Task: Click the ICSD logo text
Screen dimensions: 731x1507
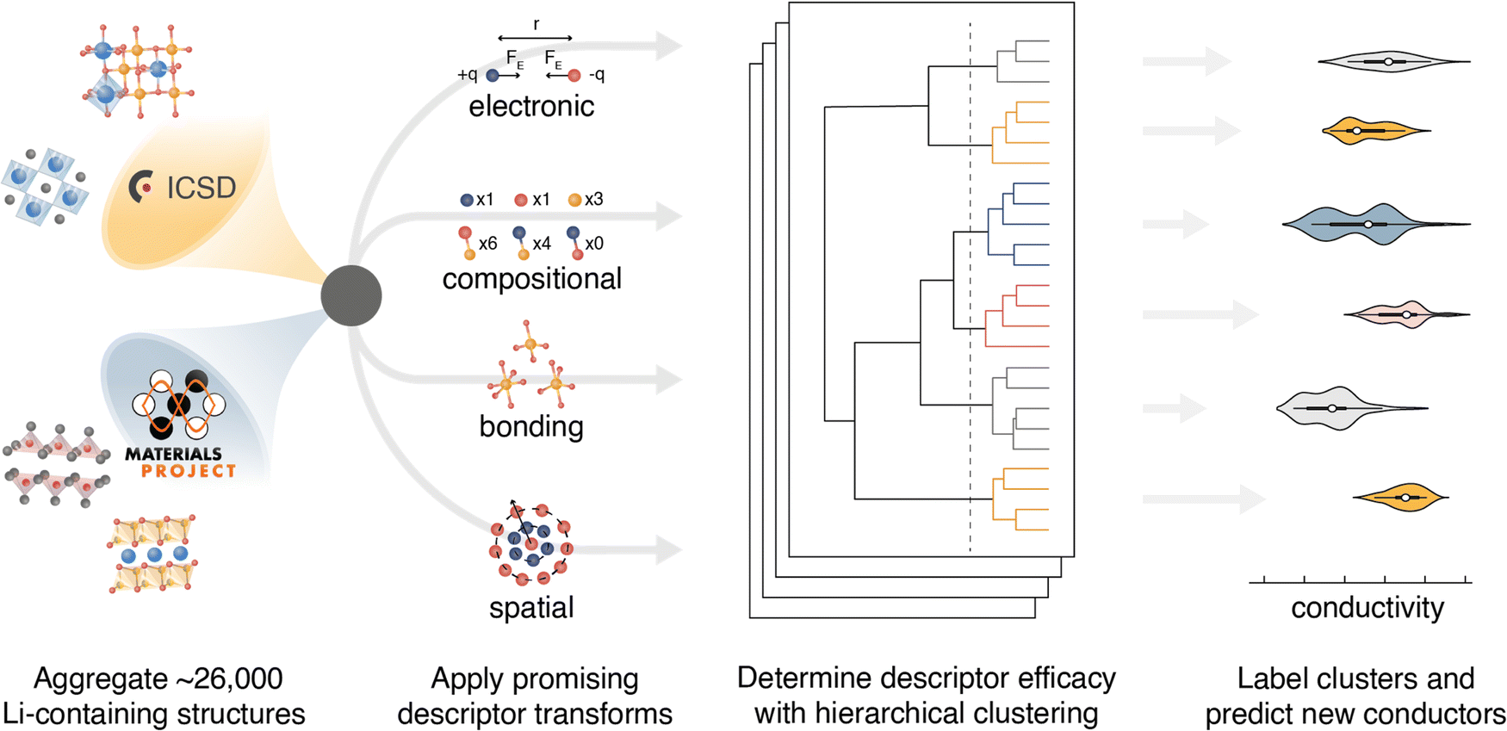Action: pos(201,188)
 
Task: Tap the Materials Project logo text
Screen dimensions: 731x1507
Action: pos(180,462)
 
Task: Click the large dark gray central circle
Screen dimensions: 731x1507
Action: pos(351,296)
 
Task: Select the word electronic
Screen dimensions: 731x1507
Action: pos(531,107)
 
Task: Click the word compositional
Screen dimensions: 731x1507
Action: pos(531,279)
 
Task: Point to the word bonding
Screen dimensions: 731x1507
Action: pos(531,427)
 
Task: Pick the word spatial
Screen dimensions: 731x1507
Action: pos(531,608)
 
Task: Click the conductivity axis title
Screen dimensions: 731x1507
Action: pos(1367,608)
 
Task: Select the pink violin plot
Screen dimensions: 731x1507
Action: pos(1399,315)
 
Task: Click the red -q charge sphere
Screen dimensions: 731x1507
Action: pos(574,76)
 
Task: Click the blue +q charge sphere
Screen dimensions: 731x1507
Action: pos(493,76)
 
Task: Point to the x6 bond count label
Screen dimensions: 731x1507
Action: pos(487,244)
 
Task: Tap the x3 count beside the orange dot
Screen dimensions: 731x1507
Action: pos(593,200)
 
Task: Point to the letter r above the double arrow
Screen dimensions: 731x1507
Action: pos(536,24)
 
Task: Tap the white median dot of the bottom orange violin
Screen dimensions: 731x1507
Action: pos(1405,498)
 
